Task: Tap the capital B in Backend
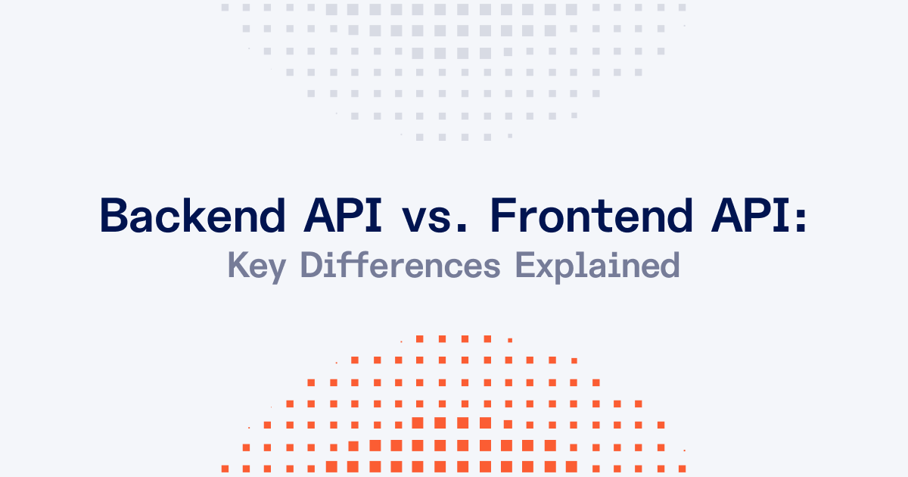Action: [113, 215]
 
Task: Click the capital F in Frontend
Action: [505, 215]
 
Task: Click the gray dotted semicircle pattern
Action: [454, 61]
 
